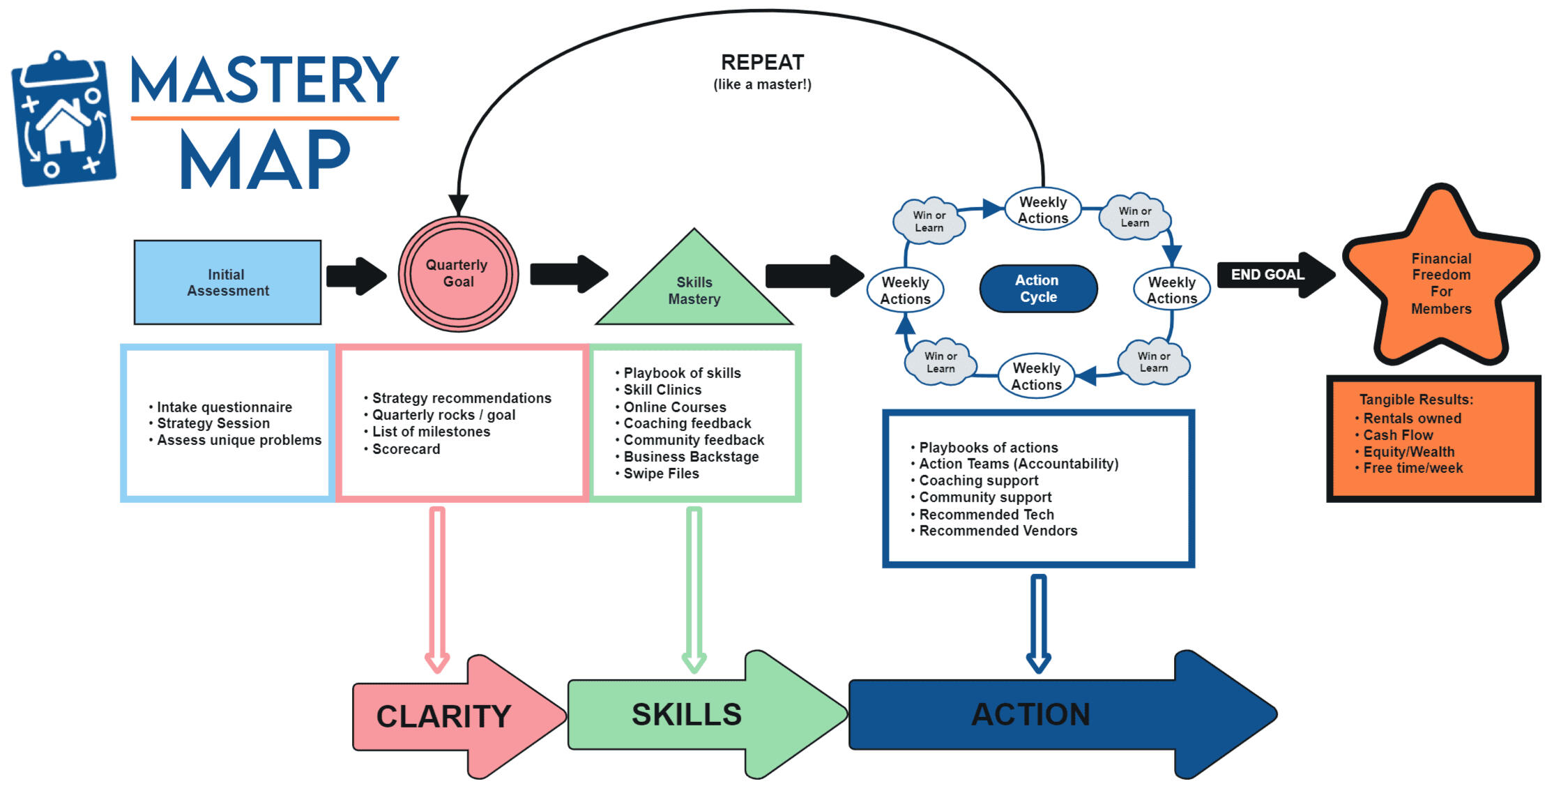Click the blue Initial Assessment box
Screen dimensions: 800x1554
point(227,282)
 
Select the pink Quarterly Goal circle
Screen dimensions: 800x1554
point(458,273)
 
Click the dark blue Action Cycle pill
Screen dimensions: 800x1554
point(1038,289)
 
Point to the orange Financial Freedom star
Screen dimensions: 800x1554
point(1441,283)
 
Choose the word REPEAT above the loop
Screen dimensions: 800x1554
point(762,63)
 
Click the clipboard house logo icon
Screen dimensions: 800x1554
point(63,120)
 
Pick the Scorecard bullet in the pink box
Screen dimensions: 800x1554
point(406,449)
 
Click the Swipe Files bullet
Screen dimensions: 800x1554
point(661,474)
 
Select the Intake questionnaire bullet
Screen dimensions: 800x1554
point(224,407)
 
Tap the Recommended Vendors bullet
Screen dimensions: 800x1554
point(998,531)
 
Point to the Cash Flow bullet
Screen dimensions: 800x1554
point(1398,435)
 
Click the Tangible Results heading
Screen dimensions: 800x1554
point(1416,400)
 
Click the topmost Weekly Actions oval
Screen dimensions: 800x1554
point(1043,209)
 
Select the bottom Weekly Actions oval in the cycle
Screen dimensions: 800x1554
point(1036,377)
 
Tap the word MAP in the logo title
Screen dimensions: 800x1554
point(265,160)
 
